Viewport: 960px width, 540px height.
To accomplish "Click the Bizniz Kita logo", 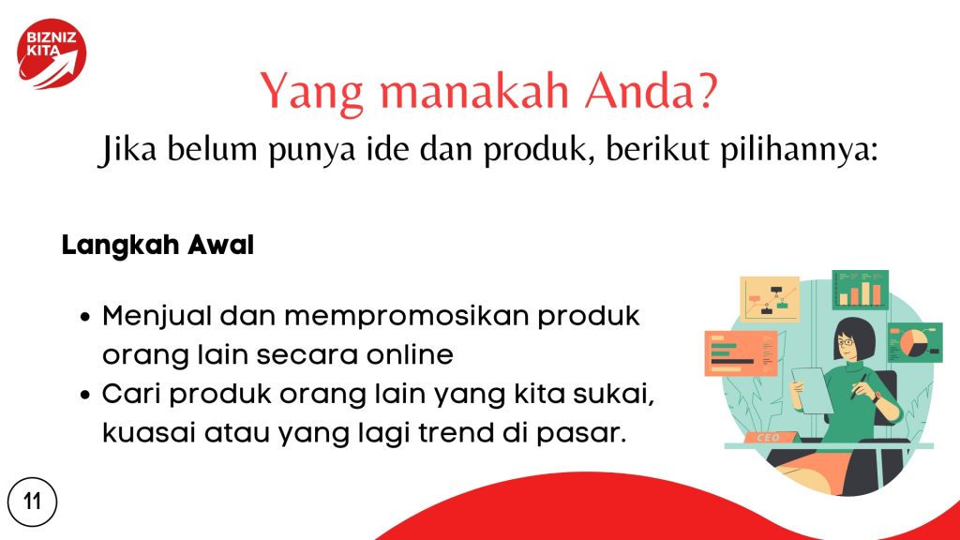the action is coord(52,53).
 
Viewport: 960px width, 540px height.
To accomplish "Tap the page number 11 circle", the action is coord(33,502).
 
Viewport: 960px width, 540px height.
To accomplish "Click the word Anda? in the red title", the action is coord(651,91).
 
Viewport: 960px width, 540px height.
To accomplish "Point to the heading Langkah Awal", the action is coord(157,246).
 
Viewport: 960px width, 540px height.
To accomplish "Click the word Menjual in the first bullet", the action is coord(157,318).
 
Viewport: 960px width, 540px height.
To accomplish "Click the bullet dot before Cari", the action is coord(85,395).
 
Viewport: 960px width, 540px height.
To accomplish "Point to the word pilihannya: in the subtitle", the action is coord(799,149).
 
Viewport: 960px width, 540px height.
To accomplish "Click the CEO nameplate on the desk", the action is coord(769,437).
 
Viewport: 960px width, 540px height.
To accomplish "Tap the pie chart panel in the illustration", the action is coord(915,343).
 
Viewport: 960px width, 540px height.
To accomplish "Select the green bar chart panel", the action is coord(861,290).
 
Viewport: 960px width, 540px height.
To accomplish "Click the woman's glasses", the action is coord(846,341).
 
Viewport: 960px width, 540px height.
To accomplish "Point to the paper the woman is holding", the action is coord(813,390).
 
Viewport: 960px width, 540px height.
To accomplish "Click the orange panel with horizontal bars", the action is coord(741,353).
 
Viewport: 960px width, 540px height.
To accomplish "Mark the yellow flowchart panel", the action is coord(770,299).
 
